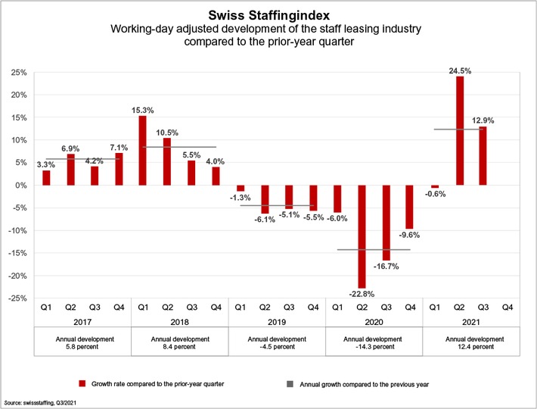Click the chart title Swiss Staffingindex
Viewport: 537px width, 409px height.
[x=269, y=14]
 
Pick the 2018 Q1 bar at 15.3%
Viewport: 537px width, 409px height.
[x=143, y=151]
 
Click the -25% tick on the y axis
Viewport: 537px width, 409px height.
[x=17, y=298]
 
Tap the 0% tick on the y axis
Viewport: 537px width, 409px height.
[x=20, y=186]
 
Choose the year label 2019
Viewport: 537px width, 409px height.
[x=276, y=321]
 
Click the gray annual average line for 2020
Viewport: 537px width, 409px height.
[x=373, y=249]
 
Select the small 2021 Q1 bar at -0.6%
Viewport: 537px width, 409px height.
[x=434, y=186]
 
